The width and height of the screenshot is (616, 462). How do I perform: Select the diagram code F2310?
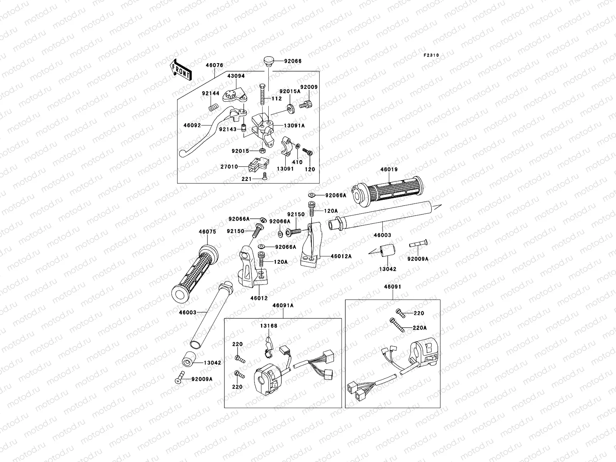pos(431,55)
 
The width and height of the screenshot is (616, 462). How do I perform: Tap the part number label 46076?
pos(214,65)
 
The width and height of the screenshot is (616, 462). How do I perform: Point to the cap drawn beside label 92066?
pos(269,62)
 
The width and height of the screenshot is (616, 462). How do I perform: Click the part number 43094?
pos(236,76)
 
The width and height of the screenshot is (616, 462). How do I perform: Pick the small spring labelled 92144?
pos(214,107)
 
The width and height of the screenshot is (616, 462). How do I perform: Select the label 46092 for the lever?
pos(192,126)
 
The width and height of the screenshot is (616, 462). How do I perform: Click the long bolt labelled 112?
pos(263,94)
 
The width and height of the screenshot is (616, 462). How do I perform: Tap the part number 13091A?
pos(294,126)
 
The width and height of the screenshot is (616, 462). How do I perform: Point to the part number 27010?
pos(229,167)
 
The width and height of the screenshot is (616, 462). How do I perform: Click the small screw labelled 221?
pos(264,176)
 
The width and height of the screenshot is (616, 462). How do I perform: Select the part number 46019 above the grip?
pos(389,169)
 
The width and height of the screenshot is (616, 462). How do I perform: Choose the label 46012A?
pos(341,256)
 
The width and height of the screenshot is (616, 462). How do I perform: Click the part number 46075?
pos(208,232)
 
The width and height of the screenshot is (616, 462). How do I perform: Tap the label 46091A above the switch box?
pos(283,305)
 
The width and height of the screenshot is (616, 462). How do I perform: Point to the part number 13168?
pos(269,326)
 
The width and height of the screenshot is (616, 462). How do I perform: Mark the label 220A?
pos(420,328)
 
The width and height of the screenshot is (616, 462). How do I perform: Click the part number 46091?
pos(393,287)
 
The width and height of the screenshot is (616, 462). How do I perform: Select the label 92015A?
pos(290,92)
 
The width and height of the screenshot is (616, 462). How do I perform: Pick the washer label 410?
pos(297,162)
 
